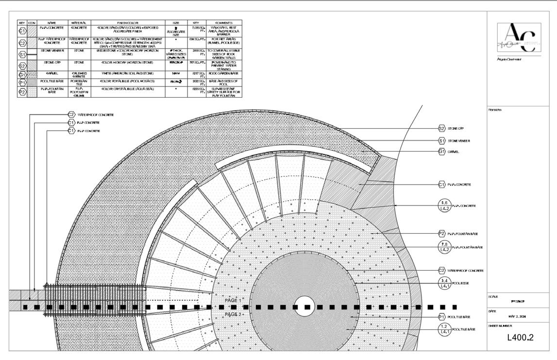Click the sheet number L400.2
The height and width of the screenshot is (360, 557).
[x=520, y=337]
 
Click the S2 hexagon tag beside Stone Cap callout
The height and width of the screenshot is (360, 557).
[x=442, y=129]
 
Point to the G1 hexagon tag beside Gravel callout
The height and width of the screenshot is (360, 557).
[x=442, y=152]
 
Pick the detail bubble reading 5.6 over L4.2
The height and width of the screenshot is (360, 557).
[x=444, y=206]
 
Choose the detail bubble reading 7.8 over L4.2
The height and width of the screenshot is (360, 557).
[x=444, y=247]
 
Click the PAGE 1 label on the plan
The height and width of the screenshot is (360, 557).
[x=233, y=301]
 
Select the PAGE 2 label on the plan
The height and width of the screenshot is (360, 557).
[x=233, y=314]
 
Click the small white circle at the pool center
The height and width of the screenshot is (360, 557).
[x=305, y=307]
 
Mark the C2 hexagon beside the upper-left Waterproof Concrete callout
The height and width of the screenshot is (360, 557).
[x=71, y=115]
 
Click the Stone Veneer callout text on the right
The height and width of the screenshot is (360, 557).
[x=460, y=140]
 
